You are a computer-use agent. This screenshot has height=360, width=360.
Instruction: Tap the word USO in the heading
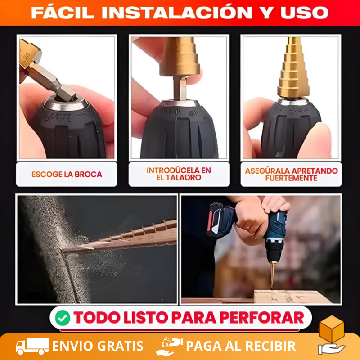click(304, 13)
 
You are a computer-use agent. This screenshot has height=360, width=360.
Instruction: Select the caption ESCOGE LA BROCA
click(67, 175)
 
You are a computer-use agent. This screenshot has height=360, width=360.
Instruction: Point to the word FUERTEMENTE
click(291, 178)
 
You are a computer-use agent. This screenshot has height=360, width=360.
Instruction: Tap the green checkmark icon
click(63, 318)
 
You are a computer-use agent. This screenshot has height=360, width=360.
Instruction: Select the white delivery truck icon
click(32, 346)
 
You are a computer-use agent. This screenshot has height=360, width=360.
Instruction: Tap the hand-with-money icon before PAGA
click(170, 346)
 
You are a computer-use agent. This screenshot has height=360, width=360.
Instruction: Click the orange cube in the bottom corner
click(332, 329)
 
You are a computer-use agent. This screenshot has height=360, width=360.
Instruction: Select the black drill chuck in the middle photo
click(179, 131)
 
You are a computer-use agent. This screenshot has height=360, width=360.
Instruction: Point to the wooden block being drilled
click(292, 297)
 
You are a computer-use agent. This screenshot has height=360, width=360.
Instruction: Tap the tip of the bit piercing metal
click(63, 252)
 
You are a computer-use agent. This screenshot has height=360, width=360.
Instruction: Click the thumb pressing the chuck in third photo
click(314, 140)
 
